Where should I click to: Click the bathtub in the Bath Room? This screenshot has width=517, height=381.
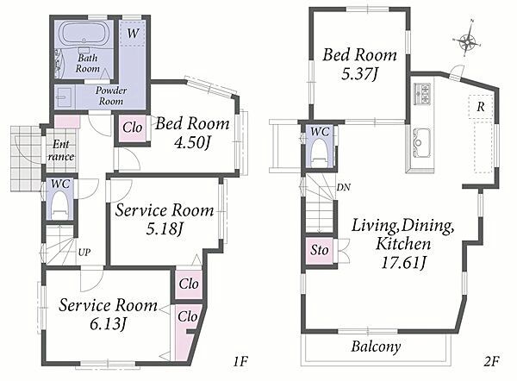point(84,34)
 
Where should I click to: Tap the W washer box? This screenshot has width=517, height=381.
point(132,33)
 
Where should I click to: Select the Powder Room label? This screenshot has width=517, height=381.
point(111,96)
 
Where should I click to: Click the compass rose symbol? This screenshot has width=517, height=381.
point(467,41)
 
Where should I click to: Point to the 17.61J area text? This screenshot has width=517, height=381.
point(403,263)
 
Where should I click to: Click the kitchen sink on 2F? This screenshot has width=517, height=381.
point(420,142)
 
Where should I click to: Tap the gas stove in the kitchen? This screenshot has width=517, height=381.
point(422,94)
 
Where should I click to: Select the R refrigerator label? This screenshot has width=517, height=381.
point(481,107)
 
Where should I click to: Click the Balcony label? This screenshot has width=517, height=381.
point(376,347)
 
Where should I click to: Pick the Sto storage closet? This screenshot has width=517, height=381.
point(319,250)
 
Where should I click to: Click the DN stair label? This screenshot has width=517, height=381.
point(343,187)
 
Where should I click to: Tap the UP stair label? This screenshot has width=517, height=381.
point(84,253)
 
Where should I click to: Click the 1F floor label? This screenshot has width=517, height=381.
point(240,362)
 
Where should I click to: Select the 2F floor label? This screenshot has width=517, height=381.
point(492,361)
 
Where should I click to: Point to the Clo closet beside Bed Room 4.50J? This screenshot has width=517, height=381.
point(132,128)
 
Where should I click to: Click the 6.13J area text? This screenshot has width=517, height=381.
point(108,325)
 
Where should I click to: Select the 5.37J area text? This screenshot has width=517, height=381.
point(359,74)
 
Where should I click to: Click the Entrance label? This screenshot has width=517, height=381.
point(60,151)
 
